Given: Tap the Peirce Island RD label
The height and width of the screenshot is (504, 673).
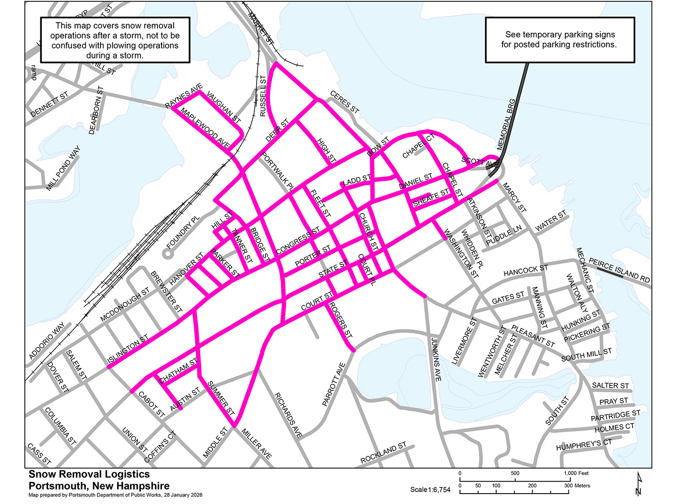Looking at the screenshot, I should (619, 270).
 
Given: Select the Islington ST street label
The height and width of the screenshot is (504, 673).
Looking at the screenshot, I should (128, 349).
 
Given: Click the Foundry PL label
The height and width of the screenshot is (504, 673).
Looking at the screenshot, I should (183, 232).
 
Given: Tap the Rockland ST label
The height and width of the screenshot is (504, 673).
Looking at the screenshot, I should (383, 453).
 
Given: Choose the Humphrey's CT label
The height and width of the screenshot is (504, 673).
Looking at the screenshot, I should (584, 445).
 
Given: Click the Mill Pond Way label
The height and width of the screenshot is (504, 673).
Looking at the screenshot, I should (63, 168).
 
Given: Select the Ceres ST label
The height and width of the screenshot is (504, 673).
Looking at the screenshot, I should (345, 102).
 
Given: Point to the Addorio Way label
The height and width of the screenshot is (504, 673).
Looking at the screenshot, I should (47, 340).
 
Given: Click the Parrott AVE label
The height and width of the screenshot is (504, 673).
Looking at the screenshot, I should (334, 385).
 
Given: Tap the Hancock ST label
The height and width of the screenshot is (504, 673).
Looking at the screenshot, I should (525, 271).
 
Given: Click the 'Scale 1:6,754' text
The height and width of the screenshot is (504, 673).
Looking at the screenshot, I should (430, 490).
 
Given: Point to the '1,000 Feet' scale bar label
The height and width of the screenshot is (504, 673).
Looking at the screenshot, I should (576, 473).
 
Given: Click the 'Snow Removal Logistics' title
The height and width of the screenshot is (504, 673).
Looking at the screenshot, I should (89, 474).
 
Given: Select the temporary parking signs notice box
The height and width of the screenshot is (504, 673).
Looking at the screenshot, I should (559, 40).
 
